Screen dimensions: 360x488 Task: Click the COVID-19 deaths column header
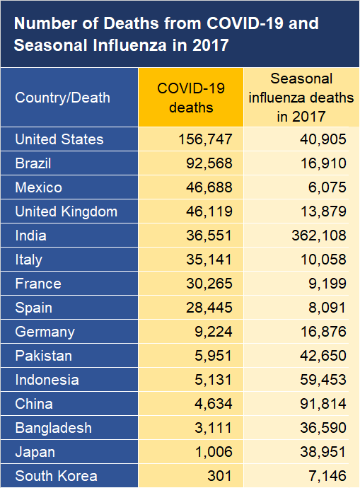point(191,98)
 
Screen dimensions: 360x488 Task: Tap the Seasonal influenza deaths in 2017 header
point(301,98)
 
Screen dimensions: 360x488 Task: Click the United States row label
point(59,139)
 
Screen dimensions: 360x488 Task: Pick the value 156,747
point(205,139)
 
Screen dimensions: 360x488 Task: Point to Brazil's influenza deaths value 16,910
point(324,163)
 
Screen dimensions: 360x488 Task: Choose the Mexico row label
point(39,187)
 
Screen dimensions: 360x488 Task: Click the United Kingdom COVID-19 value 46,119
point(209,211)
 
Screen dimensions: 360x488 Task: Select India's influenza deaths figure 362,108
point(319,236)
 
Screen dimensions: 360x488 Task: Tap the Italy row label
point(28,260)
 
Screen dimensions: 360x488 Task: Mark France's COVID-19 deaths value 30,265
point(209,284)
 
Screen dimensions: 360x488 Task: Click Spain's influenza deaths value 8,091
point(327,308)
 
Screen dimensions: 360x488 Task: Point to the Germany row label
point(45,332)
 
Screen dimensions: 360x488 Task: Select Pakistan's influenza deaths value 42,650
point(323,356)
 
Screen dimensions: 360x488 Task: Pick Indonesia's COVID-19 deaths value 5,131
point(214,380)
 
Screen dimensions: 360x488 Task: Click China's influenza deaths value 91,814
point(323,404)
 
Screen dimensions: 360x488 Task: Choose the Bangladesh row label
point(54,428)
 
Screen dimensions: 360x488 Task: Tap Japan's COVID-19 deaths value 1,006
point(214,452)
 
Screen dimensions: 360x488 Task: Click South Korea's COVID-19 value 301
point(220,476)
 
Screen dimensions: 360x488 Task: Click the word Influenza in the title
point(129,45)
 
